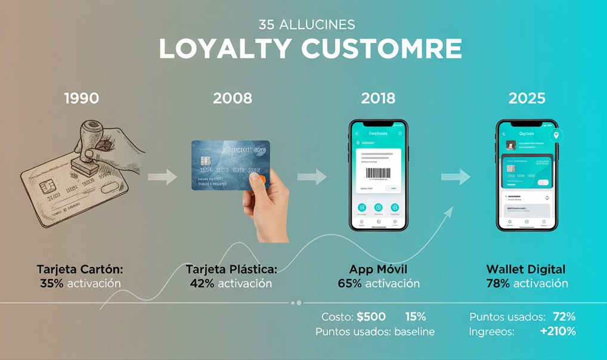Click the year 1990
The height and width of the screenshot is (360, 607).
coord(81,98)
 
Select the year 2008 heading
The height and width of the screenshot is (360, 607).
coord(233,98)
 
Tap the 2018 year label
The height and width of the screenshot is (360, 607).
coord(378,98)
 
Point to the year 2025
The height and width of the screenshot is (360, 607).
coord(527,98)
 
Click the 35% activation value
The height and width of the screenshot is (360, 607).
coord(51,283)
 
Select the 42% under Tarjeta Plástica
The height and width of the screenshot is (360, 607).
coord(202,283)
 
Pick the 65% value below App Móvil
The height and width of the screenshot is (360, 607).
coord(349,283)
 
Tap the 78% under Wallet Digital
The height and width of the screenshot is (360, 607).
coord(497,283)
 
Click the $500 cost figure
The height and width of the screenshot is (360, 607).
coord(371,316)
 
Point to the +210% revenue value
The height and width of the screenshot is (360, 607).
coord(558,331)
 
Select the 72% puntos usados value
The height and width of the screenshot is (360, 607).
coord(563,316)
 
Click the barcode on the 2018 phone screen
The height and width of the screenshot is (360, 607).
coord(378,173)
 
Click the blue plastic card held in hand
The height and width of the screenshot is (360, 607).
coord(230,165)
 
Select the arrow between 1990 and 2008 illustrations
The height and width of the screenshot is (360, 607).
coord(162,177)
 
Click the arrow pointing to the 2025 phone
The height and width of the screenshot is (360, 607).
coord(456,177)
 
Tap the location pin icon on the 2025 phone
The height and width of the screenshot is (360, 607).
coord(556,135)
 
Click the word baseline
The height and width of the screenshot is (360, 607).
coord(414,332)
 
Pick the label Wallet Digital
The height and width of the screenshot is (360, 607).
coord(526,269)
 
